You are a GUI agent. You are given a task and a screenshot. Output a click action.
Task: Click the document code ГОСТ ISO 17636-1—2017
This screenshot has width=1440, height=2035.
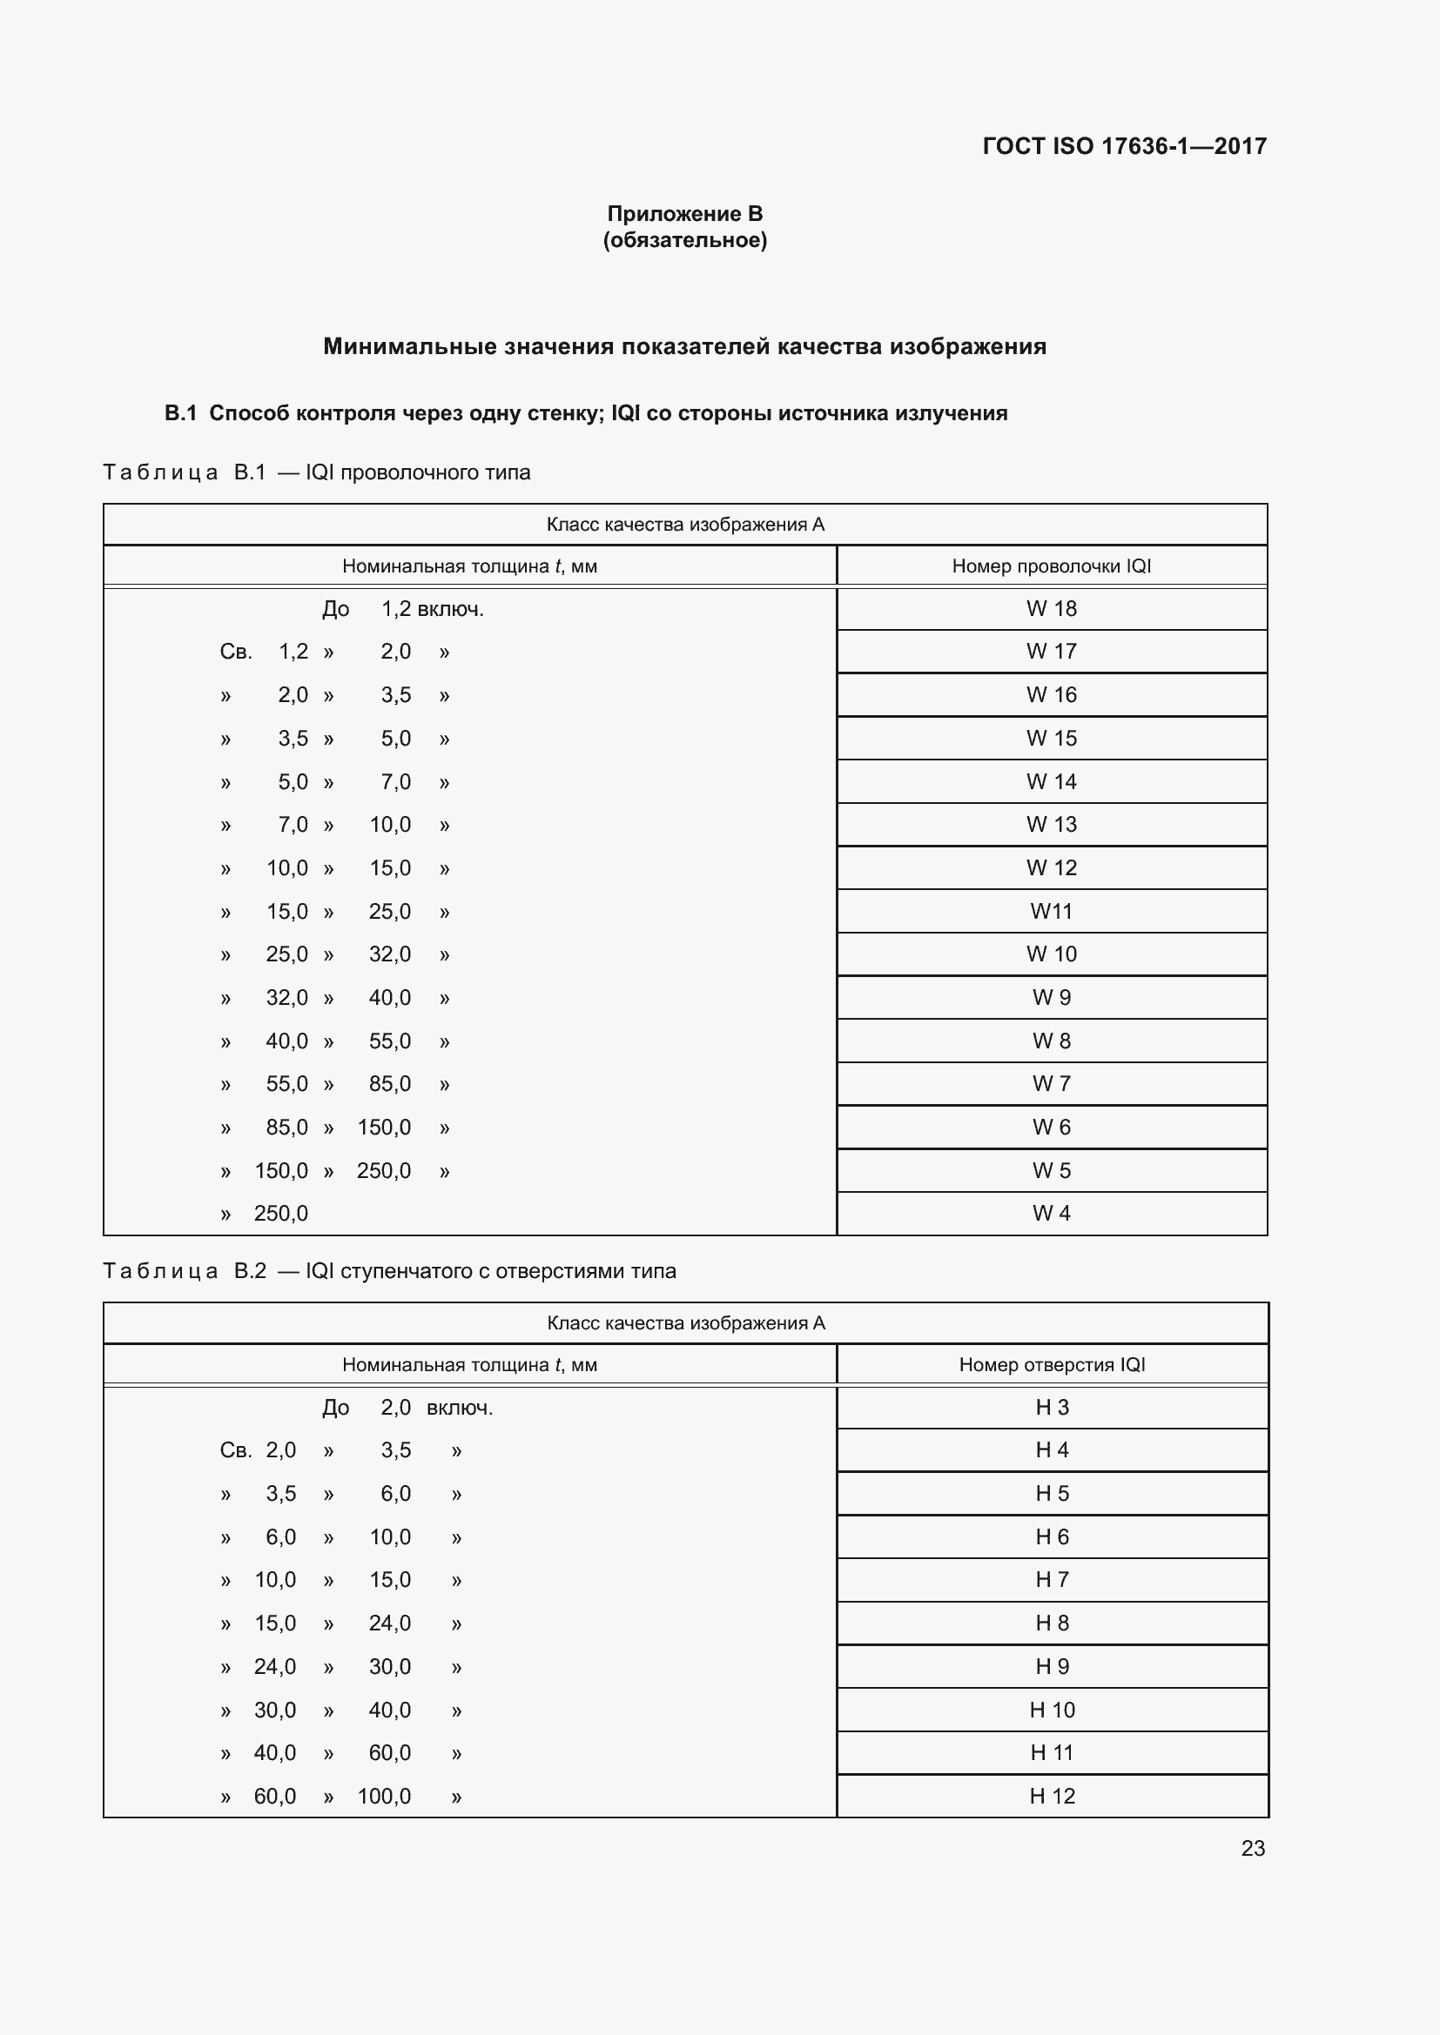(1123, 146)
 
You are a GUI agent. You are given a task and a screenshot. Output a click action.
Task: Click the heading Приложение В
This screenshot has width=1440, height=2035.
(684, 214)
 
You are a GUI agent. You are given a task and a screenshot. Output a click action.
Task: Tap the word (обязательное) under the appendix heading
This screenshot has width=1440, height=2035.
(684, 240)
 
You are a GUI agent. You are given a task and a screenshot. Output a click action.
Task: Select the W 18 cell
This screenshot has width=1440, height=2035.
(1051, 609)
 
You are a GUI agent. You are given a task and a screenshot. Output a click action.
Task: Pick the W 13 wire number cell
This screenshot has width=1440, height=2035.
(1051, 824)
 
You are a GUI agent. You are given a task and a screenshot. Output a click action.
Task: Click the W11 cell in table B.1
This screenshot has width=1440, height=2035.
(1051, 911)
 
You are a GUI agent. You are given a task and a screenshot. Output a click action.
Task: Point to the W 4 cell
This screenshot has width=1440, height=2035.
(1051, 1214)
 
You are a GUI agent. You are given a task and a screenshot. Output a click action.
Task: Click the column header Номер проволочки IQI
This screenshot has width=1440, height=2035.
(1051, 566)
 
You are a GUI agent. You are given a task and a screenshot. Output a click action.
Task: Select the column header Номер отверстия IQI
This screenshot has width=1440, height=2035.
(1052, 1365)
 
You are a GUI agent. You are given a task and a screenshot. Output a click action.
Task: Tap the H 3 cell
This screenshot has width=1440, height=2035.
(1052, 1408)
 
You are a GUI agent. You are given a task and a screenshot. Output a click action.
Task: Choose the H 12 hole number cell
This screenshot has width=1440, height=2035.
(1052, 1796)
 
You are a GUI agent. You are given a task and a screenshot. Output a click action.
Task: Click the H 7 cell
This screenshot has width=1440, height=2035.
(1052, 1579)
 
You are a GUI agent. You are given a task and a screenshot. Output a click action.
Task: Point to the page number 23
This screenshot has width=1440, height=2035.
(1252, 1848)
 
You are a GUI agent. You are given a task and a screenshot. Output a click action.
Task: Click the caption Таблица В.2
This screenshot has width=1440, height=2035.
(185, 1271)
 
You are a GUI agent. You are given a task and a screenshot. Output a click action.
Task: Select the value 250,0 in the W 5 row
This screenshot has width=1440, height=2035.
(384, 1171)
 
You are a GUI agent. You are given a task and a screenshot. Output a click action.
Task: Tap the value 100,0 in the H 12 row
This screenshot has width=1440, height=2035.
(384, 1797)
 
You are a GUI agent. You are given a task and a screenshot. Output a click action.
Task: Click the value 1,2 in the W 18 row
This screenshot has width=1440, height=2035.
(395, 609)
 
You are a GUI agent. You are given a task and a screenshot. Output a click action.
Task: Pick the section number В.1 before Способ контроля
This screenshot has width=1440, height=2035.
(180, 414)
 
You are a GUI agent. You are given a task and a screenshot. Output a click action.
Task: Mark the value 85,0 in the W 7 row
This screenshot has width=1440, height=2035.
(390, 1084)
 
